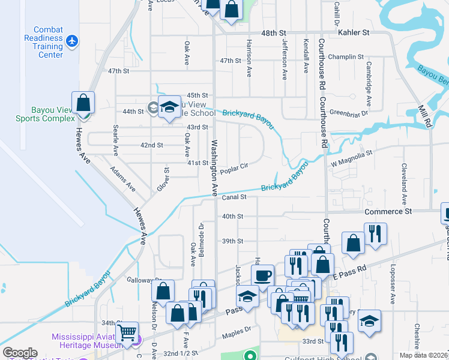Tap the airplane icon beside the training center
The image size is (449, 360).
click(73, 41)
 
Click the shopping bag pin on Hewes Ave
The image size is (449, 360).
click(83, 103)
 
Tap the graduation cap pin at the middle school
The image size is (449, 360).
click(170, 107)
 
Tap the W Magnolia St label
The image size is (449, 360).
click(352, 154)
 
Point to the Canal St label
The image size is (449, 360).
click(234, 197)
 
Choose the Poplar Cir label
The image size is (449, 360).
click(234, 170)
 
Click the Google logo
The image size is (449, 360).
click(20, 353)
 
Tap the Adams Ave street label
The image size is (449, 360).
click(122, 179)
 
